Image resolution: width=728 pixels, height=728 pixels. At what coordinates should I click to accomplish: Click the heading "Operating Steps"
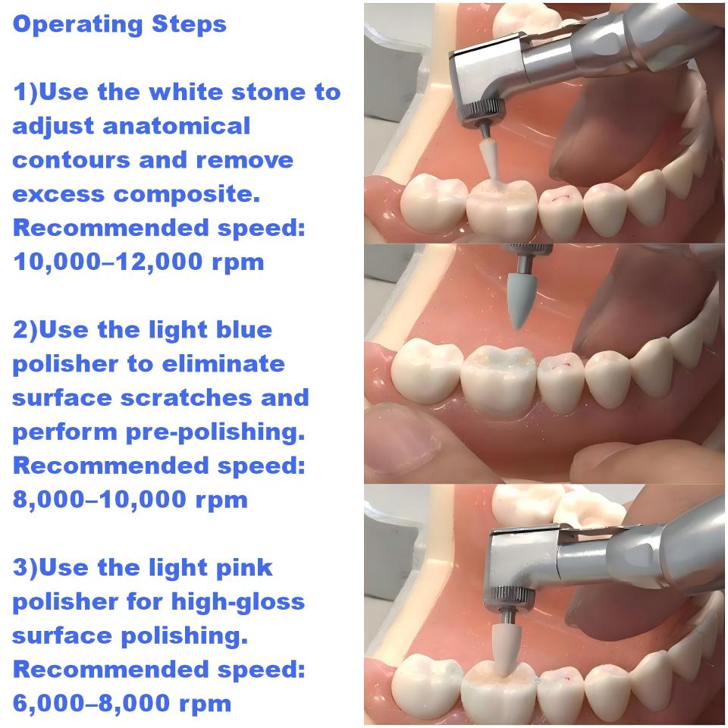120,25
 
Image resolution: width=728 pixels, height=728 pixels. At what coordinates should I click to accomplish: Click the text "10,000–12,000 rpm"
139,262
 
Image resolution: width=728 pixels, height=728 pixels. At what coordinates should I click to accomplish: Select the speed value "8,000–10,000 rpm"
130,500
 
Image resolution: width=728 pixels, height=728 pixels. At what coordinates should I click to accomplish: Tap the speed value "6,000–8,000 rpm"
122,703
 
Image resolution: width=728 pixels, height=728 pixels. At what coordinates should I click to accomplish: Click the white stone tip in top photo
486,161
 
